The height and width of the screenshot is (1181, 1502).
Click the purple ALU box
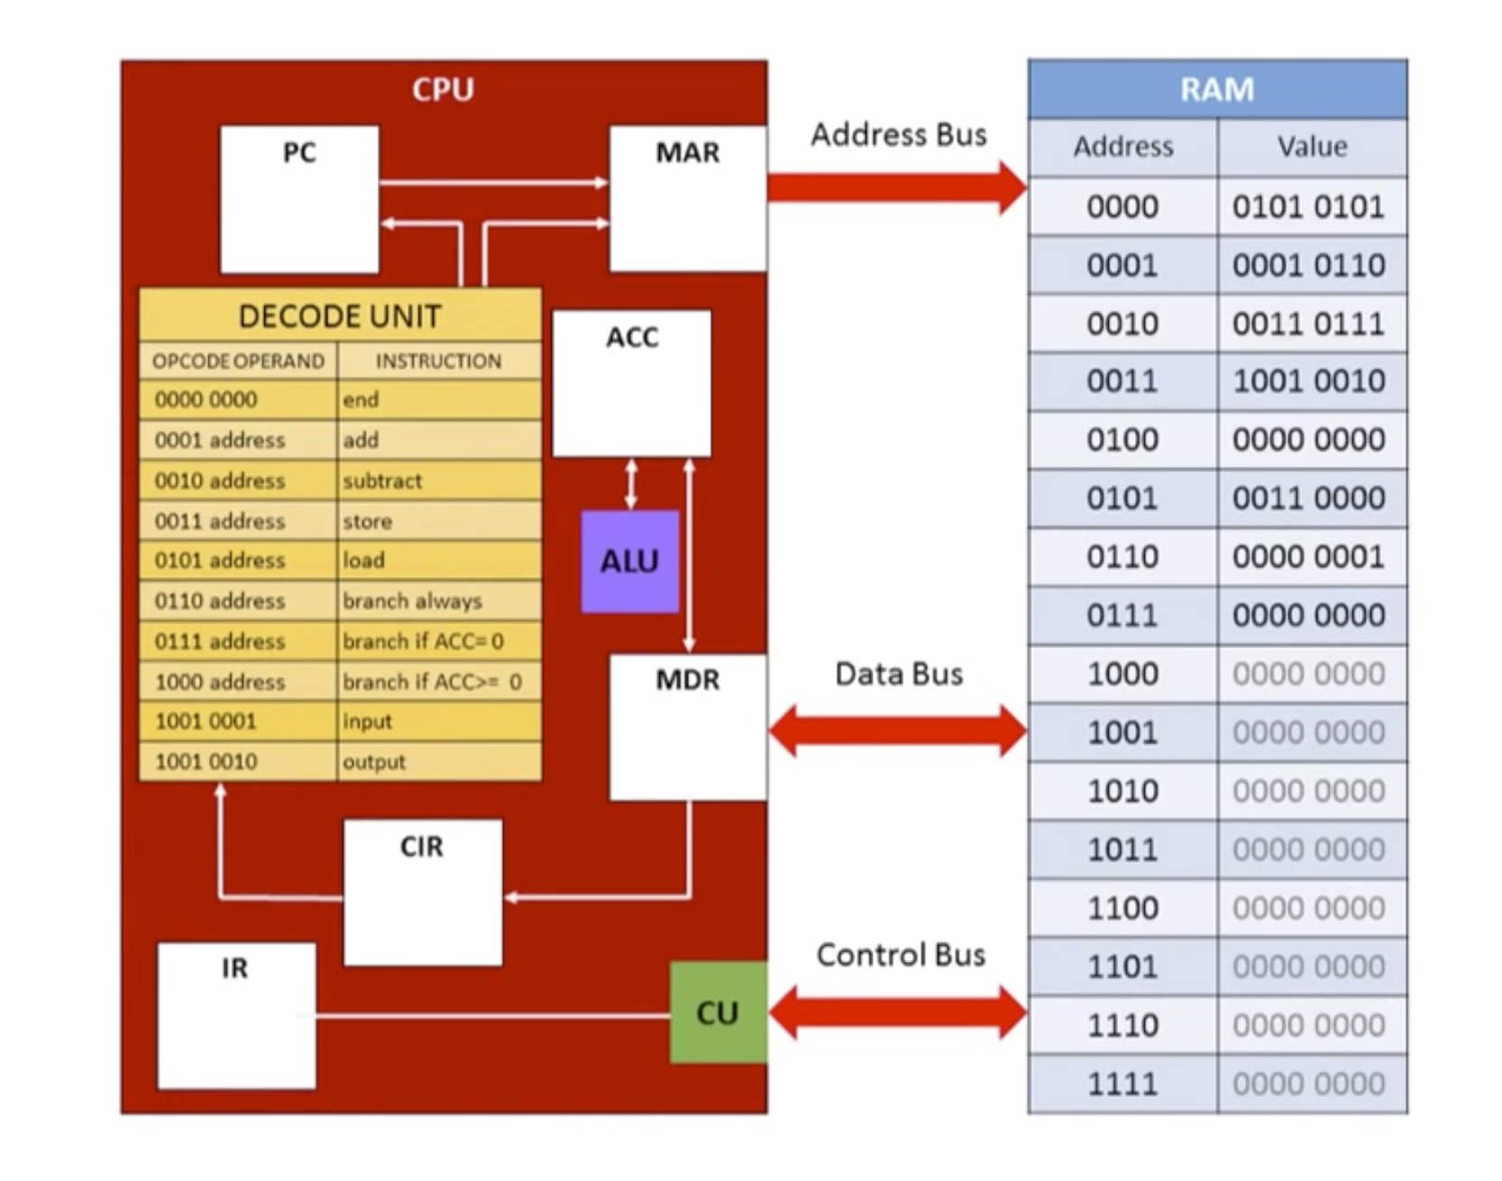click(629, 561)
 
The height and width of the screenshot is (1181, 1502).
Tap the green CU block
click(719, 1012)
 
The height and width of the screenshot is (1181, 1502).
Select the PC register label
click(299, 152)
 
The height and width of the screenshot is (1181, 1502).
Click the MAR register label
click(688, 152)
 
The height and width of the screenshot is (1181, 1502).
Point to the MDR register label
click(688, 680)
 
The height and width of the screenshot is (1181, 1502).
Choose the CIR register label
click(422, 847)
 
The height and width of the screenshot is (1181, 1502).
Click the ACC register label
click(632, 337)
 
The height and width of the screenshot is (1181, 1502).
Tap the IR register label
click(234, 968)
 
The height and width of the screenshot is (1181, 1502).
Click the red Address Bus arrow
click(897, 188)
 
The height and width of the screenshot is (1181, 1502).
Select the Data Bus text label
click(899, 673)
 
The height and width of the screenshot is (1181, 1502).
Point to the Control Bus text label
click(901, 955)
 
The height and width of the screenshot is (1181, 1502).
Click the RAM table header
click(1217, 89)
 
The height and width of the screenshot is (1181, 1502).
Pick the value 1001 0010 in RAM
click(1308, 381)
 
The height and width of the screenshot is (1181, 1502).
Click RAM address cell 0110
click(1122, 557)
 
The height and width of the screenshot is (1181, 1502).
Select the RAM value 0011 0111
click(1308, 324)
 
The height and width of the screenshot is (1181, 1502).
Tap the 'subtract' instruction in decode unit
click(382, 481)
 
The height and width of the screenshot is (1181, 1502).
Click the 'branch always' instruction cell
click(439, 600)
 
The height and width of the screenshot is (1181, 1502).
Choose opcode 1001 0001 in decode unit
click(206, 721)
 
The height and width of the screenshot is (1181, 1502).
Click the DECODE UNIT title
click(340, 316)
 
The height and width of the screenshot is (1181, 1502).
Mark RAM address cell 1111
click(1122, 1084)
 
